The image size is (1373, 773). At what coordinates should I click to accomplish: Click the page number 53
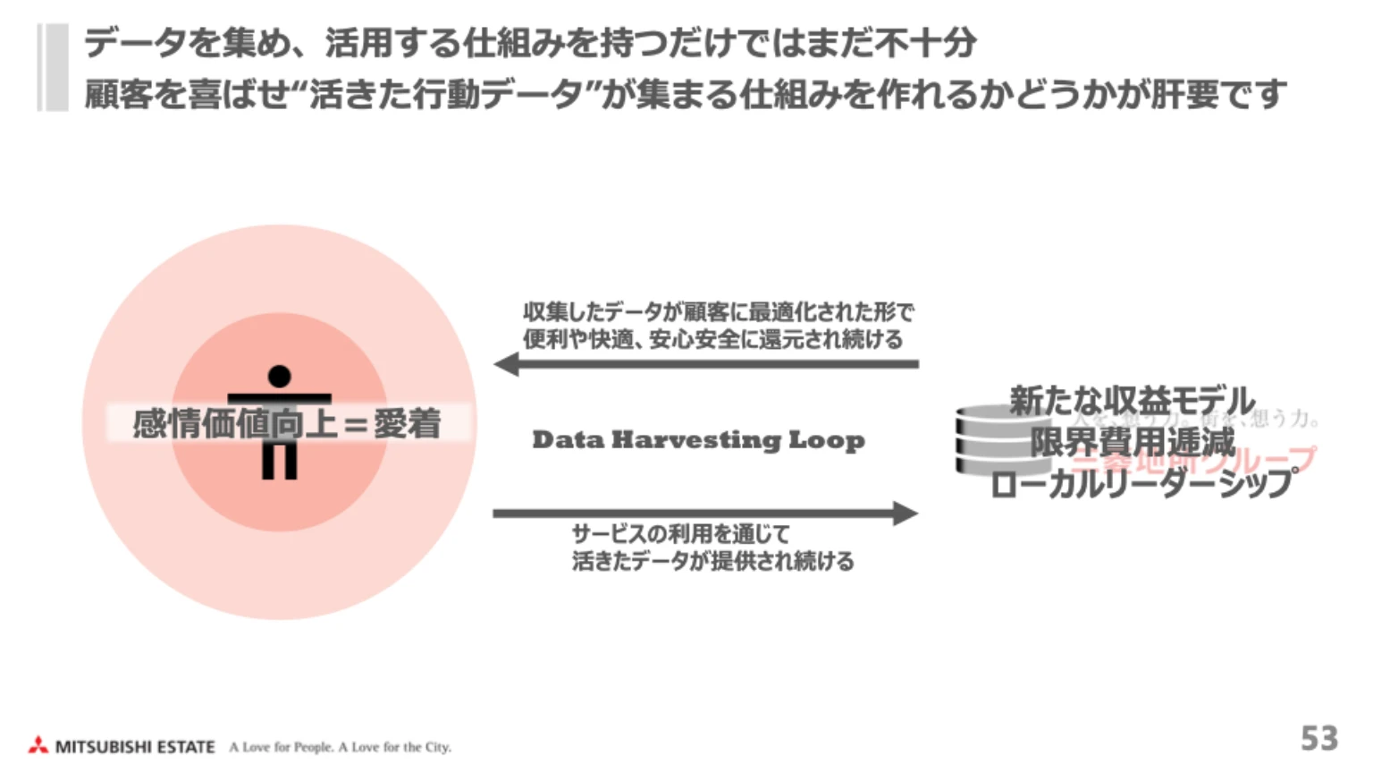tap(1318, 738)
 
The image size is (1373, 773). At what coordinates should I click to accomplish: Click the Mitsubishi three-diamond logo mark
tap(38, 744)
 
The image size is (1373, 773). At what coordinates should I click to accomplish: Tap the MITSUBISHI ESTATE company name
tap(135, 746)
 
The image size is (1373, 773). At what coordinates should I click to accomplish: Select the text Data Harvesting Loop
tap(698, 440)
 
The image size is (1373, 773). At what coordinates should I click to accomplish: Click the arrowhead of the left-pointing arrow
tap(507, 364)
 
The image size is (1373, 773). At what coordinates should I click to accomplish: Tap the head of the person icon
tap(280, 376)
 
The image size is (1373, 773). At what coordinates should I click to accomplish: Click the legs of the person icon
tap(280, 460)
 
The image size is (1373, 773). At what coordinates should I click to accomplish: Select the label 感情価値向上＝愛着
tap(287, 423)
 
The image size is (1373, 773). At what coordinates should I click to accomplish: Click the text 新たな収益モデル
tap(1132, 401)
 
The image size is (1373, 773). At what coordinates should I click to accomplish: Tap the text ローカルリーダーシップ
tap(1141, 483)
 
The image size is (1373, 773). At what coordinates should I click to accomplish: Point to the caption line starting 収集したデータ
tap(718, 312)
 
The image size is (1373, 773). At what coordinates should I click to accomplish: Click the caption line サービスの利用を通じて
tap(681, 534)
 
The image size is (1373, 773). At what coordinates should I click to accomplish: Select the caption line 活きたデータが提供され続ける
tap(712, 561)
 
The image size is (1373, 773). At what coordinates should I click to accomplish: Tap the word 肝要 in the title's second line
tap(1185, 93)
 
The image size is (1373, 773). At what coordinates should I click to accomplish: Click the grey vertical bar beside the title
tap(54, 67)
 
